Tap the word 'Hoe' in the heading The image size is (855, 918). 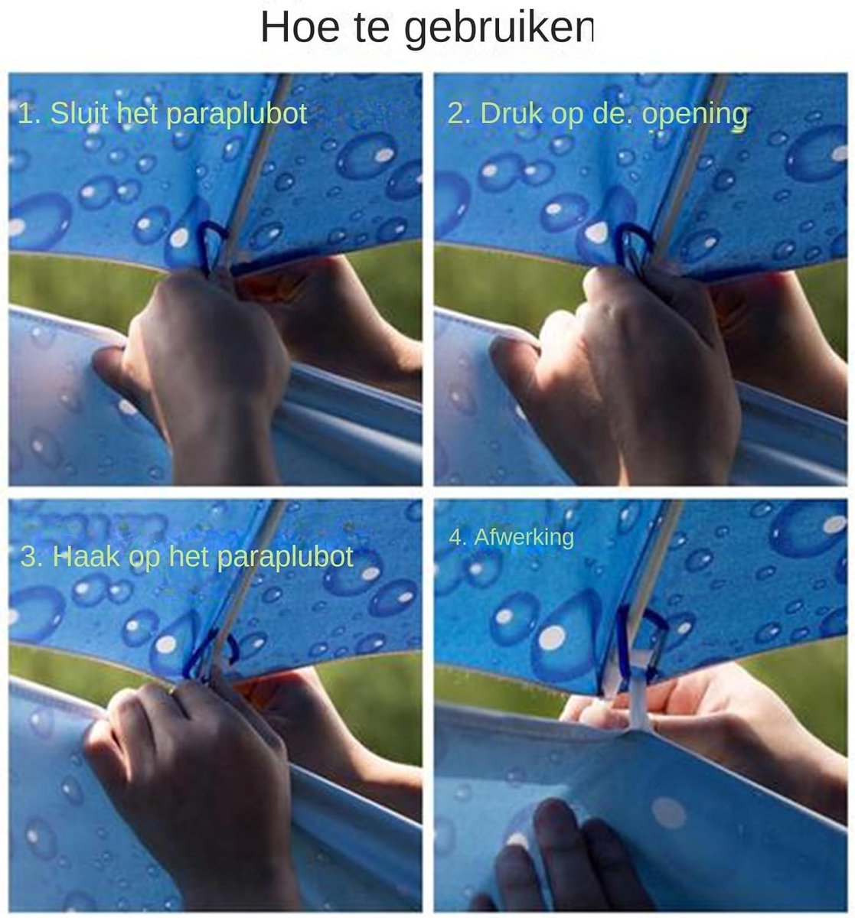[300, 28]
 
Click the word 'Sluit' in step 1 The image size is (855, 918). [80, 113]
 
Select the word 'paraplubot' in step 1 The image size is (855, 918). [236, 115]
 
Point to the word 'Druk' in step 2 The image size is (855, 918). [511, 113]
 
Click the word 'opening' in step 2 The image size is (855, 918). [694, 116]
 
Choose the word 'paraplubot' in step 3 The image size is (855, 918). [285, 558]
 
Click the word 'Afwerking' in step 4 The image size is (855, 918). [524, 537]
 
